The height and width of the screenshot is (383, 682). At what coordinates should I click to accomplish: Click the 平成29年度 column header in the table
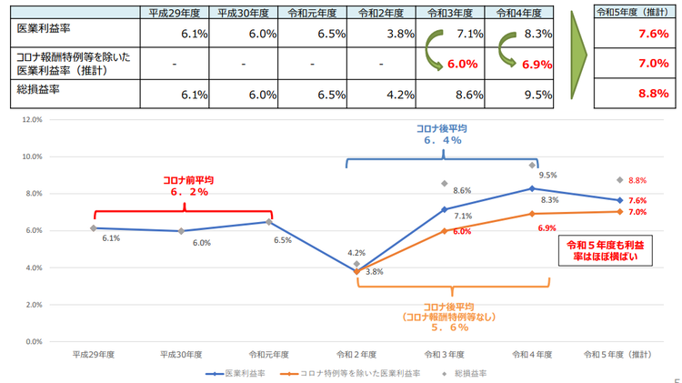[x=177, y=14]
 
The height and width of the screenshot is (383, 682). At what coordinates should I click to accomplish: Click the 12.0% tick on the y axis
[x=32, y=119]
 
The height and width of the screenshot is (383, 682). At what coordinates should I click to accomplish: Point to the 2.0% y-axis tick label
[x=34, y=305]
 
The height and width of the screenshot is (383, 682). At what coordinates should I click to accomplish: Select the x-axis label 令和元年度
[x=270, y=354]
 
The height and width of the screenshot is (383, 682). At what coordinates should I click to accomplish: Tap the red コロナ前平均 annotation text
[x=189, y=186]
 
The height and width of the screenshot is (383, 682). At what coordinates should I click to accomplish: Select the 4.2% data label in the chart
[x=356, y=253]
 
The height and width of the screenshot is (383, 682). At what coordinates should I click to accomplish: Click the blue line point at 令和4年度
[x=531, y=188]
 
